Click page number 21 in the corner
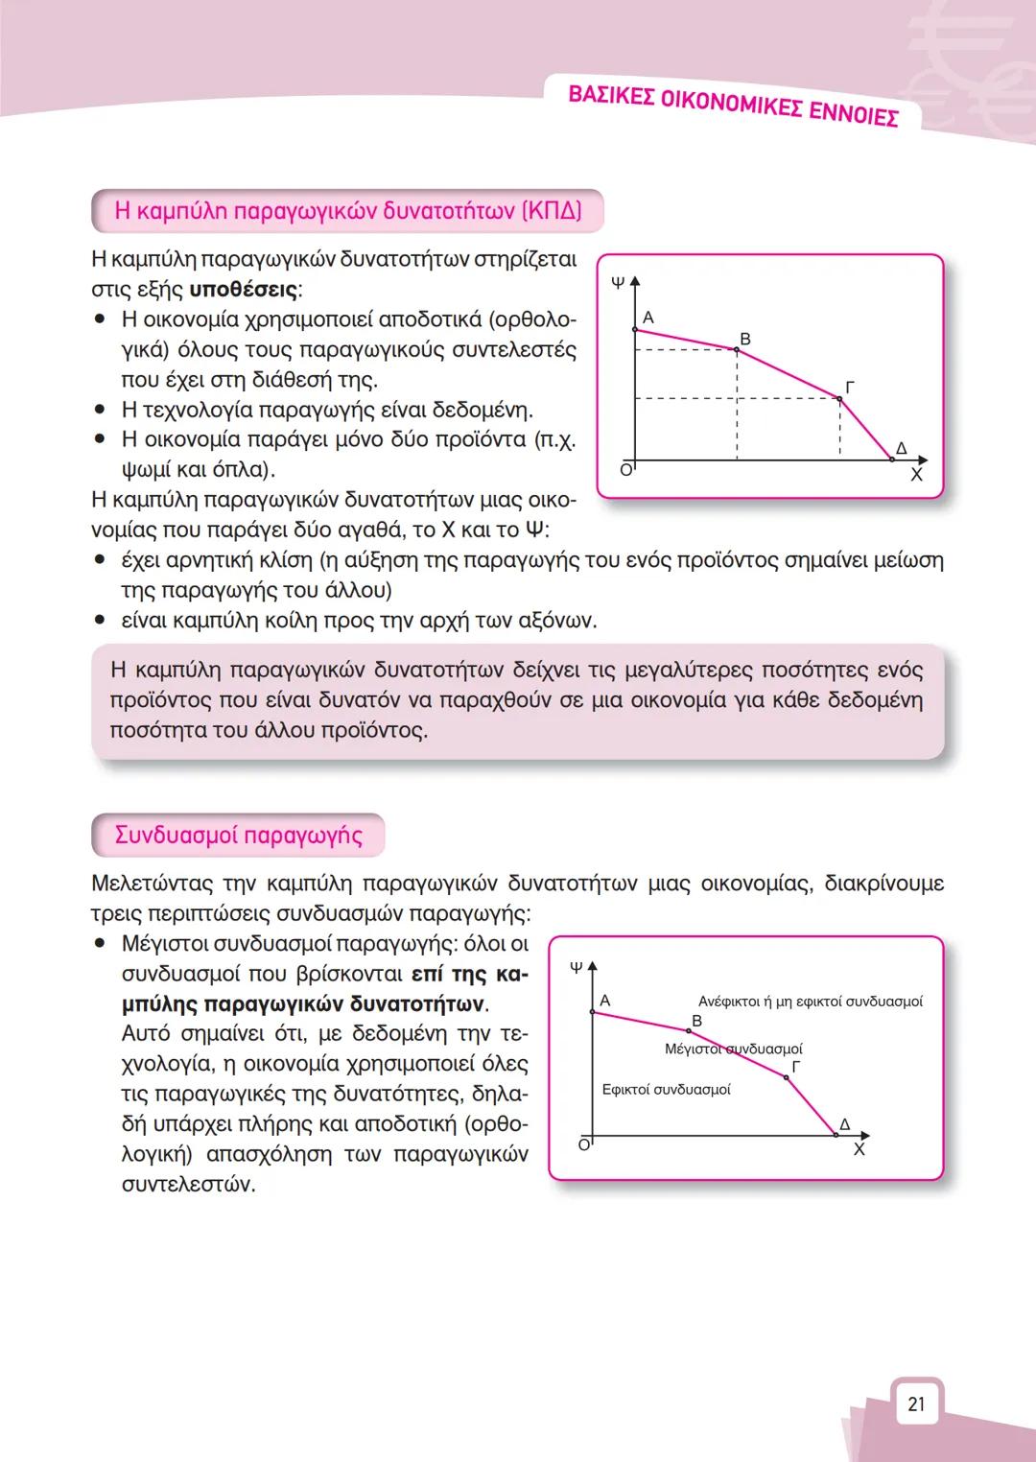[x=916, y=1404]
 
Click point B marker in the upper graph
[x=737, y=350]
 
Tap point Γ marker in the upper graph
[x=839, y=398]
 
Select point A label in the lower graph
[x=604, y=1001]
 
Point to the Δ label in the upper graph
[x=901, y=448]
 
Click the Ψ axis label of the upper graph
[x=618, y=283]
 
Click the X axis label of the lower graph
[x=859, y=1149]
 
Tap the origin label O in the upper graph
[x=625, y=470]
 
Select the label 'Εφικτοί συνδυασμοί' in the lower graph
[x=666, y=1090]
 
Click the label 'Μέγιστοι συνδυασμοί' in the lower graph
[x=733, y=1049]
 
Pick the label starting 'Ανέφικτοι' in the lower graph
[x=811, y=1002]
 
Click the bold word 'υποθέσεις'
[x=244, y=289]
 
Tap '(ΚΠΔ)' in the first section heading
[x=552, y=210]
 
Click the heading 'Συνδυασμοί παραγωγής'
[x=238, y=835]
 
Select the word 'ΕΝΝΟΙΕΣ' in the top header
[x=853, y=114]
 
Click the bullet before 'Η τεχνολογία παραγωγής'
[x=100, y=410]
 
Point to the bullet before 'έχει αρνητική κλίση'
[x=100, y=560]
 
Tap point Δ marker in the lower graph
[x=835, y=1135]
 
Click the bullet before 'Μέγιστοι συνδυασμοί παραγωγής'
[x=100, y=943]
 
